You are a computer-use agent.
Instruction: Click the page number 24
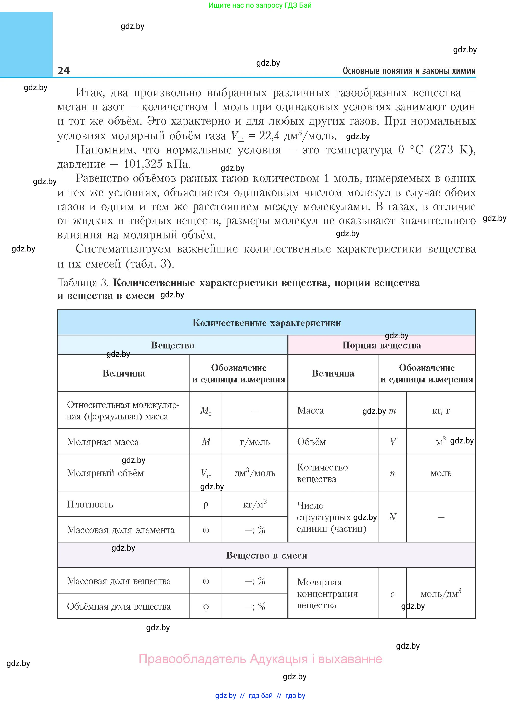(63, 70)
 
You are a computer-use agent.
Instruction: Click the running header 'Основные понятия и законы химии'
(409, 71)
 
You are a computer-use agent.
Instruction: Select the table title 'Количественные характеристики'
(266, 323)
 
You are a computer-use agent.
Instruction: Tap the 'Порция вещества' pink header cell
(382, 345)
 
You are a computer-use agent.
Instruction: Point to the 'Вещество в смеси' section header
(266, 555)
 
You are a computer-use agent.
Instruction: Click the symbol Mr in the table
(206, 410)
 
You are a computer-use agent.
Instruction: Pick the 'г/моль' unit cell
(255, 442)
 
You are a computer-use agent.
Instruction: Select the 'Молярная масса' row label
(103, 442)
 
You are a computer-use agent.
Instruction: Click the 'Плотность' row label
(90, 504)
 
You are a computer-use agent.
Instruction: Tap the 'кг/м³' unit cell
(255, 504)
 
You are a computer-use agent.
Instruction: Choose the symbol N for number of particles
(392, 517)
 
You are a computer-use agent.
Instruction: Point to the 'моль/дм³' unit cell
(441, 594)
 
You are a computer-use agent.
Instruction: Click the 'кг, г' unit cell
(441, 410)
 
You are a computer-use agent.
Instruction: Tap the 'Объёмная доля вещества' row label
(119, 606)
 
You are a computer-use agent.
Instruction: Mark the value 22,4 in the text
(269, 136)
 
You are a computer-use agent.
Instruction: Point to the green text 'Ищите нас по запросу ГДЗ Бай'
(260, 5)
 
